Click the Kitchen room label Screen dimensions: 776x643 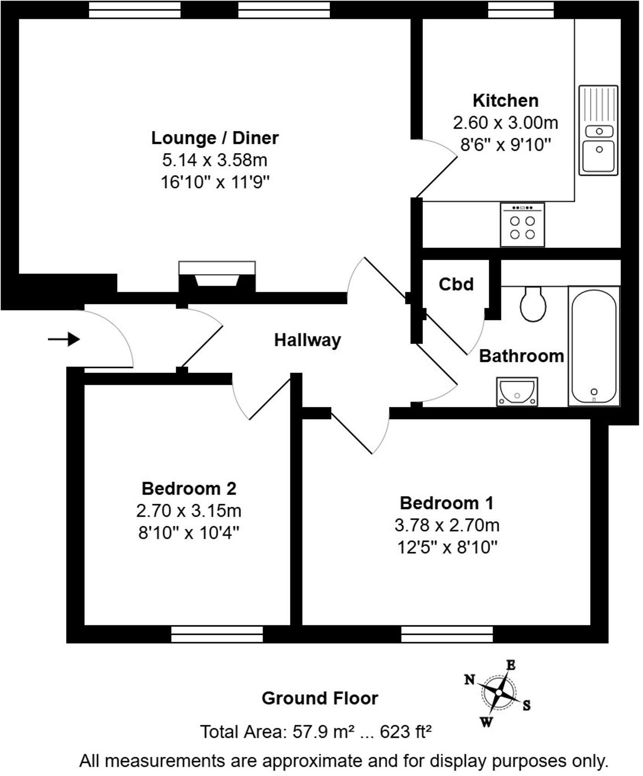pos(505,101)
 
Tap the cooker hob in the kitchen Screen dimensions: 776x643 pos(522,225)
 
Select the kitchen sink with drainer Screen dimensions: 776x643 pos(598,130)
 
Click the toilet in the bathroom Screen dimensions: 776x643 pos(533,304)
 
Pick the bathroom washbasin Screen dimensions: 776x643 pos(517,392)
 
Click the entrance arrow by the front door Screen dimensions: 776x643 pos(64,340)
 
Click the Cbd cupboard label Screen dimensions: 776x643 pos(456,285)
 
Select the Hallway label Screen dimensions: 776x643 pos(307,340)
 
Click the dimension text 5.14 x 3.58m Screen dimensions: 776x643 pos(214,160)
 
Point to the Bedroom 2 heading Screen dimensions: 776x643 pos(189,488)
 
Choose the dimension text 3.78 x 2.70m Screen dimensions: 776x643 pos(446,525)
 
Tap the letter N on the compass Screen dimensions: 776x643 pos(469,679)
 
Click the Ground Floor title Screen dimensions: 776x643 pos(320,698)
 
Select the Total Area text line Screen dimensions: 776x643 pos(316,731)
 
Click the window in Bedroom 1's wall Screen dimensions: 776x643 pos(447,634)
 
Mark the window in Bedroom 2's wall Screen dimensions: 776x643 pos(217,634)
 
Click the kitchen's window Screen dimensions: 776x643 pos(520,9)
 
